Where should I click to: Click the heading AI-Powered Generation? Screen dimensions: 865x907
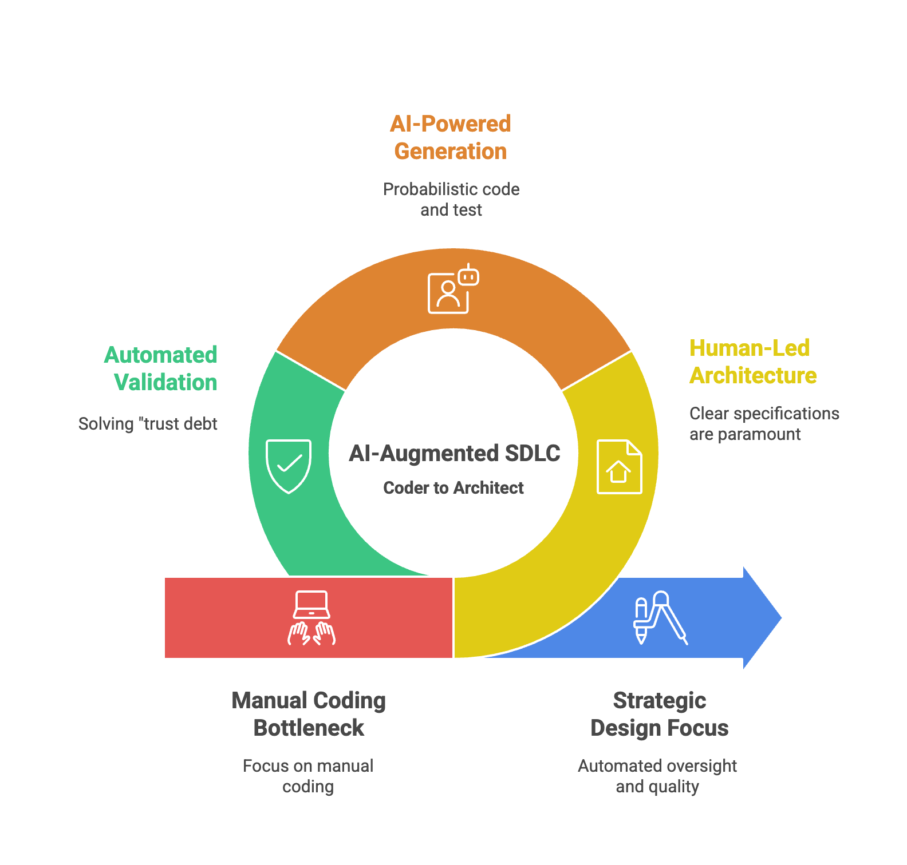click(x=451, y=138)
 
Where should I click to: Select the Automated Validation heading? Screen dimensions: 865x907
click(x=161, y=369)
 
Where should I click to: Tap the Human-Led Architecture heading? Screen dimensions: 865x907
click(x=752, y=362)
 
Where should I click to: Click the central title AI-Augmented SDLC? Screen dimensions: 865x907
click(x=454, y=454)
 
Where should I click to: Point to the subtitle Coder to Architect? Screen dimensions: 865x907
click(x=453, y=488)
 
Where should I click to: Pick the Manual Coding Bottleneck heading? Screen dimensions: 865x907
click(x=309, y=714)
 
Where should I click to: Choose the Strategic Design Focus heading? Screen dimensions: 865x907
click(x=659, y=714)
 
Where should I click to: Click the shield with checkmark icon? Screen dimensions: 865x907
click(x=289, y=466)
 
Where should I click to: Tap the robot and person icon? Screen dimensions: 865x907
click(x=453, y=289)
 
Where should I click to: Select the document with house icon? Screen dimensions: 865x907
click(x=619, y=466)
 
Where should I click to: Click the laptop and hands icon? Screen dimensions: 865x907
click(x=311, y=618)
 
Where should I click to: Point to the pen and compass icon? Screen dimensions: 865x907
click(x=660, y=618)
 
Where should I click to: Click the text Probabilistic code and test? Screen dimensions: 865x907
click(x=451, y=200)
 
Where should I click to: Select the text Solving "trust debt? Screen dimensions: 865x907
click(x=148, y=424)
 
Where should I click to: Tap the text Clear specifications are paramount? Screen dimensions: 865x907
click(x=764, y=424)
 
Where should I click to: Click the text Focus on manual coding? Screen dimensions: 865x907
click(x=308, y=776)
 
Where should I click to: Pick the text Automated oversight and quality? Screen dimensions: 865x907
click(x=657, y=776)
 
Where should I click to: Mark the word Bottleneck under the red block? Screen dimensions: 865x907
click(x=309, y=728)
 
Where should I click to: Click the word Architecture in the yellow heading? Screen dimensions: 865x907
click(x=752, y=376)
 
